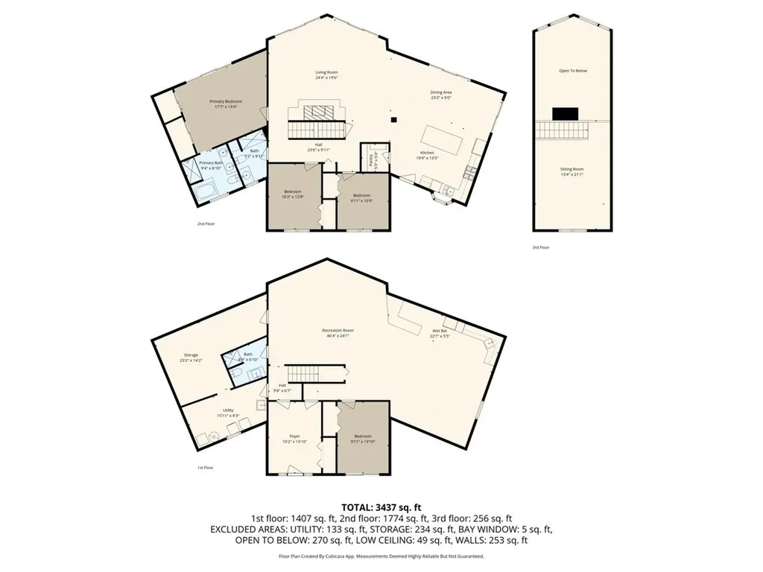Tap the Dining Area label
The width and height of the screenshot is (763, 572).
(441, 94)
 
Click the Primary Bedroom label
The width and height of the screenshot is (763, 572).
(225, 103)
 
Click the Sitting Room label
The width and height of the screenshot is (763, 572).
(572, 171)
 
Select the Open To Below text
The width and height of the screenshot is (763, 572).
(573, 71)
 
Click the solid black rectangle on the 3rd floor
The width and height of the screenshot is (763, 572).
(565, 113)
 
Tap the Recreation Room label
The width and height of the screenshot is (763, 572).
(338, 331)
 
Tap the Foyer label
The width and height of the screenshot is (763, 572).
(294, 437)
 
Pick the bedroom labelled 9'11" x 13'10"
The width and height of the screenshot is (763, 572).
(363, 437)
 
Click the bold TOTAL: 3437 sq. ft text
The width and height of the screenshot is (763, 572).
(381, 506)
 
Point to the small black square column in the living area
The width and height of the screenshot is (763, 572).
(394, 118)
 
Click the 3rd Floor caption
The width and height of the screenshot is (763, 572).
(540, 247)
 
